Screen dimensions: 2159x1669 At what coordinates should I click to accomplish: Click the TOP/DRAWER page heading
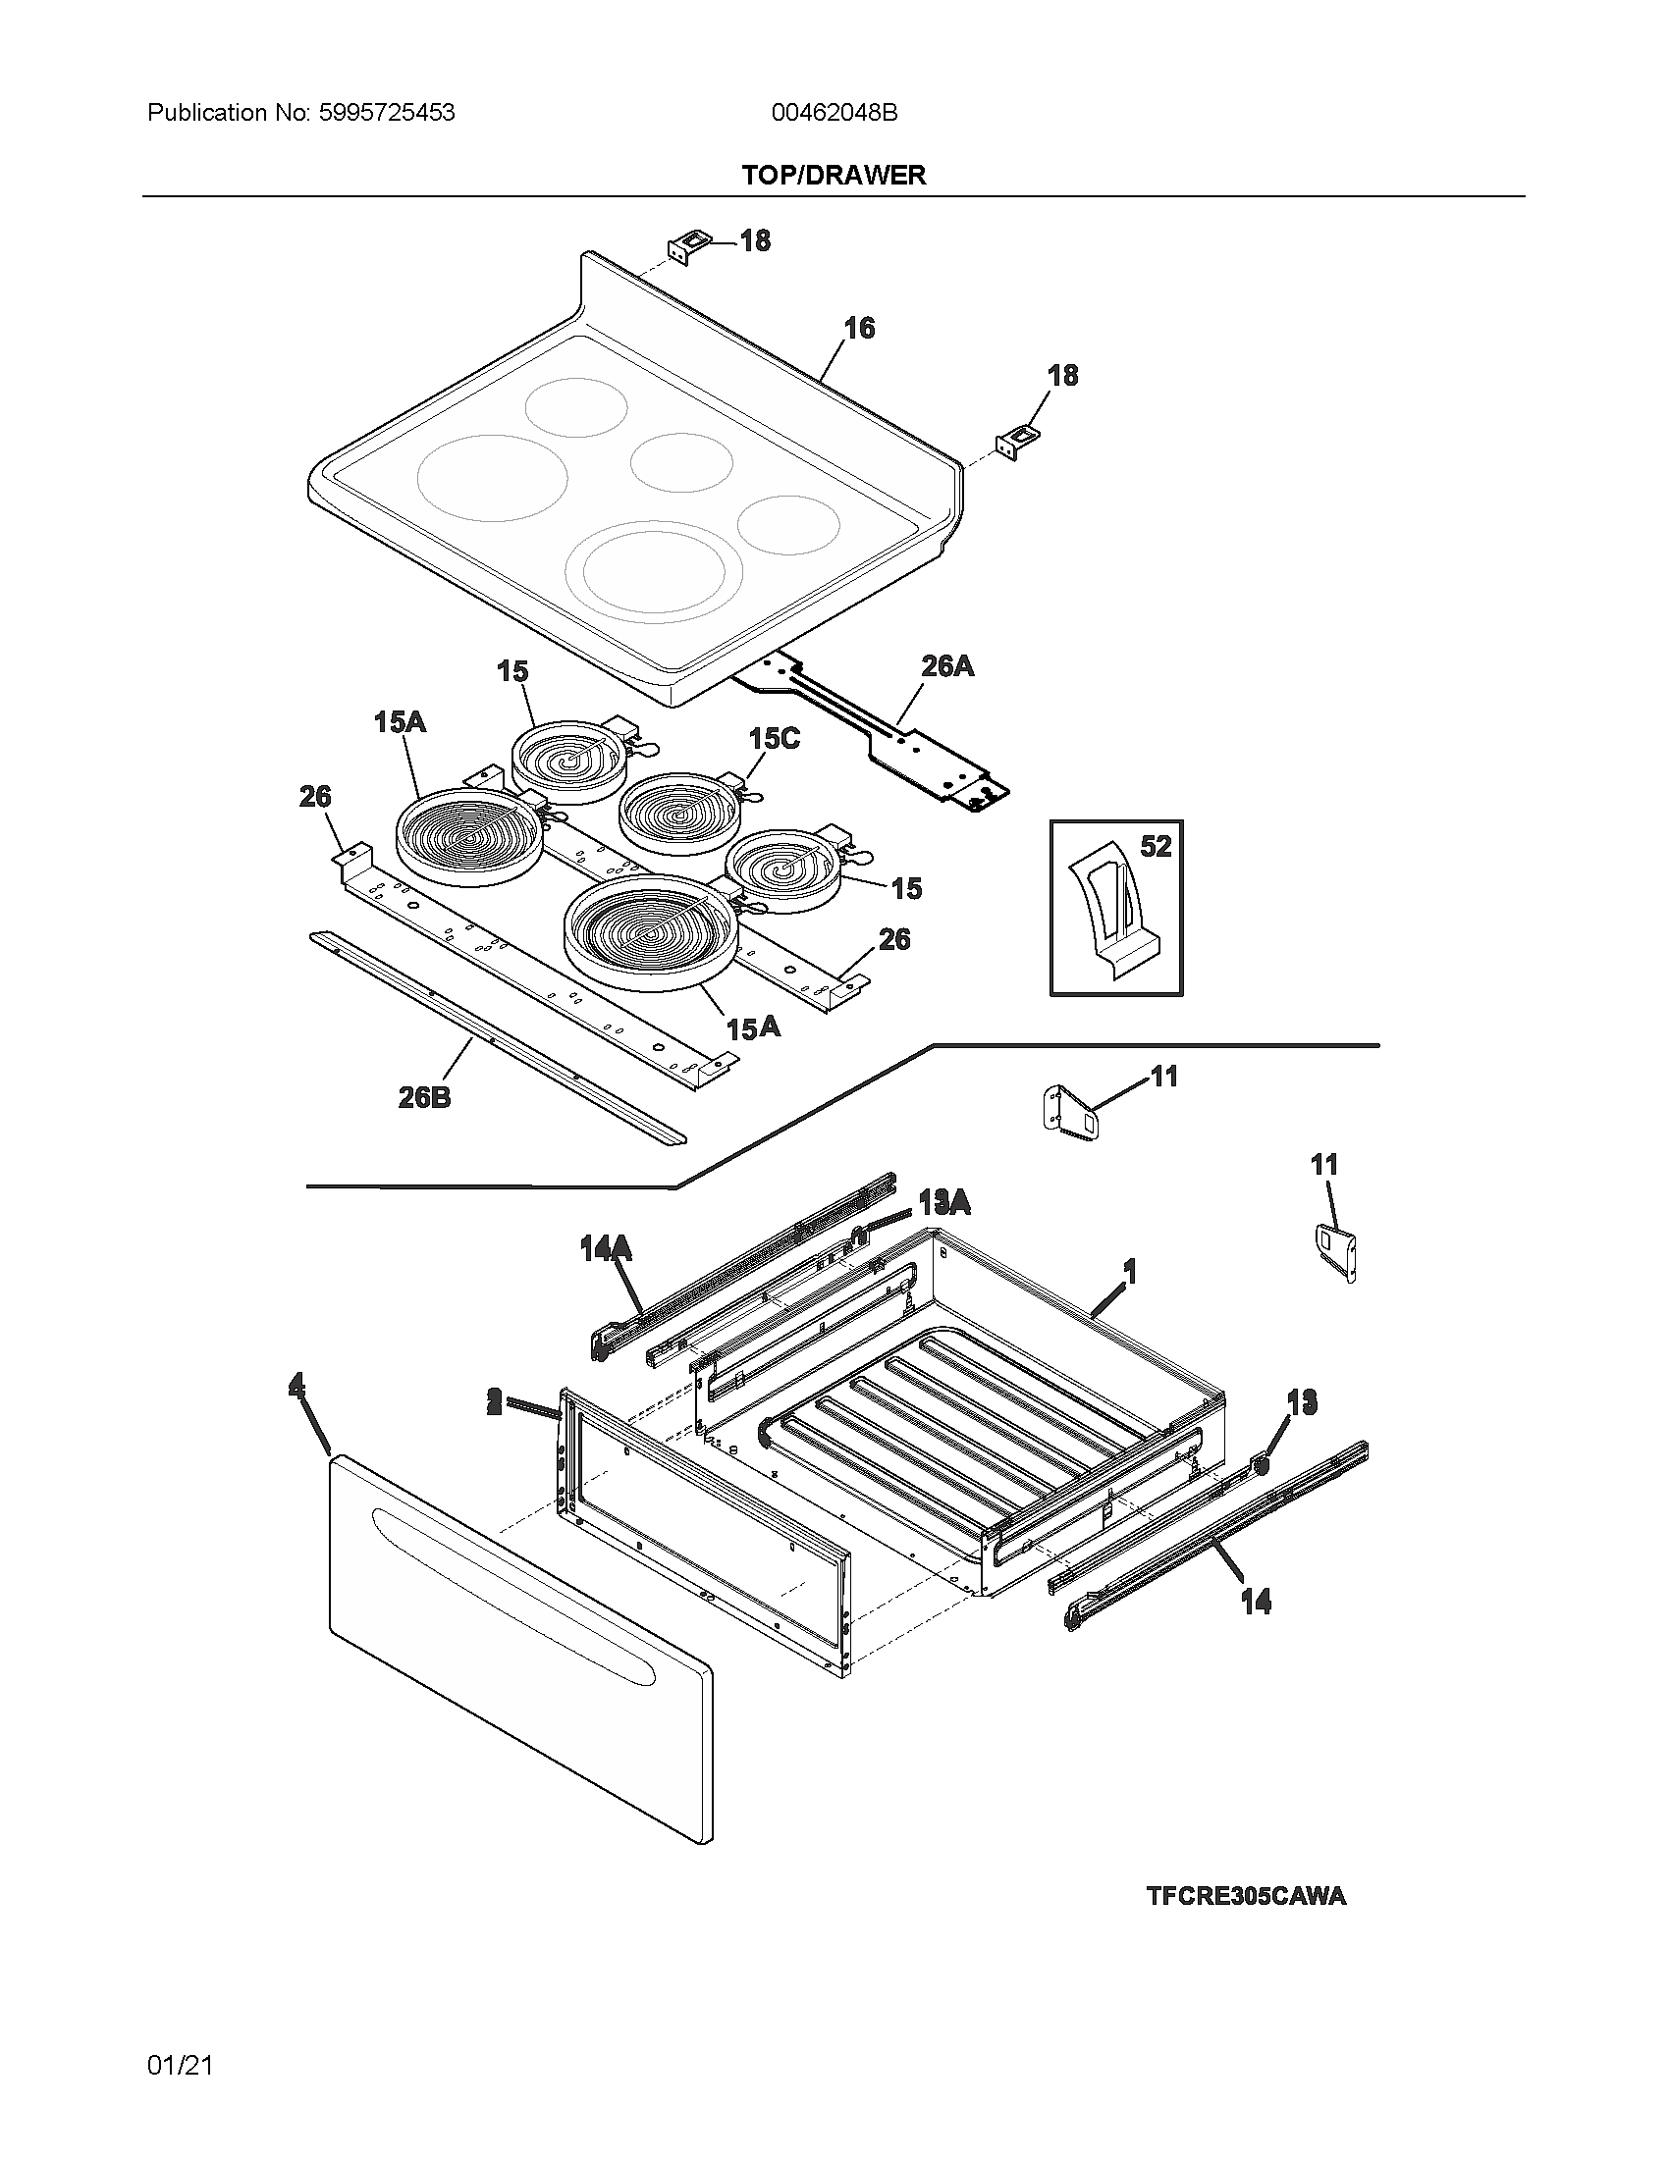point(834,175)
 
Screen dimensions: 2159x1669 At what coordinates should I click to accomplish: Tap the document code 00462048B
point(834,113)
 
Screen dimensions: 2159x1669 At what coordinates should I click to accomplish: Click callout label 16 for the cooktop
point(859,328)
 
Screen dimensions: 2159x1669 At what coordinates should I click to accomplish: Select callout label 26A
point(946,667)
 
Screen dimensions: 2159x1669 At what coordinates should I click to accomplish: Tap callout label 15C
point(774,738)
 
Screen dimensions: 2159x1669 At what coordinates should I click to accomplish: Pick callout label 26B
point(424,1096)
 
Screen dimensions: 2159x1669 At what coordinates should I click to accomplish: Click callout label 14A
point(605,1249)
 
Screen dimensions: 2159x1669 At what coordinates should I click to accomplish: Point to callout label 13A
point(943,1202)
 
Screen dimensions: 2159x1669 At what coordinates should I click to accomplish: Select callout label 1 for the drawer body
point(1129,1271)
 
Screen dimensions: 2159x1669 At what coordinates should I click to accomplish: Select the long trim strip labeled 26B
point(495,1038)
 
